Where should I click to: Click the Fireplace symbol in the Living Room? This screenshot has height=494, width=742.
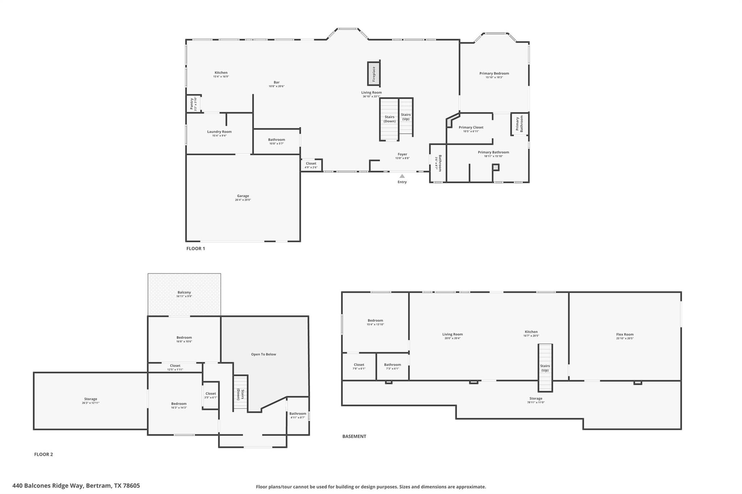(374, 74)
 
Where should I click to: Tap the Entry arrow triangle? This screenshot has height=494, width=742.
(402, 176)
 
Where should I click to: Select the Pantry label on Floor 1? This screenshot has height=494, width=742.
(192, 104)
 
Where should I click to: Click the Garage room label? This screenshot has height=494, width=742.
(243, 196)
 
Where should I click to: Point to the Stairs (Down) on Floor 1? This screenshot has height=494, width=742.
(389, 119)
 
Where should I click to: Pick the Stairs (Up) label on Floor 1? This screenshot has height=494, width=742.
(406, 117)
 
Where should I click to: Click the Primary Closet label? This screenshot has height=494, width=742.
(471, 127)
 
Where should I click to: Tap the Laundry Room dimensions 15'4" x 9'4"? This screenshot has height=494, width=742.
(219, 136)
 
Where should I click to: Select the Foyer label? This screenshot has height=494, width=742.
(402, 154)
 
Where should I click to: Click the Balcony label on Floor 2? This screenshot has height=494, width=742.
(184, 292)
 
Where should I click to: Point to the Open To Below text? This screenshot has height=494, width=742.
(263, 354)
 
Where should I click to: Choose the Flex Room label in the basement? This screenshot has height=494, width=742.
(625, 334)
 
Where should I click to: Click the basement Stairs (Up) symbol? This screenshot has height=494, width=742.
(545, 368)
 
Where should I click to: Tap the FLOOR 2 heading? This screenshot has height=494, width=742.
(43, 454)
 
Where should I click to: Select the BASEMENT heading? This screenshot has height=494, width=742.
(354, 436)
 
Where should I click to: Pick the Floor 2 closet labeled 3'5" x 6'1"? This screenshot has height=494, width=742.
(210, 395)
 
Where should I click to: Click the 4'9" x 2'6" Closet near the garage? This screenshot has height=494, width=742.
(311, 165)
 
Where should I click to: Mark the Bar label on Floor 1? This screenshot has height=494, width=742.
(276, 82)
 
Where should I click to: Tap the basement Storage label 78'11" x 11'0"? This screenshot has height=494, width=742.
(535, 400)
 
